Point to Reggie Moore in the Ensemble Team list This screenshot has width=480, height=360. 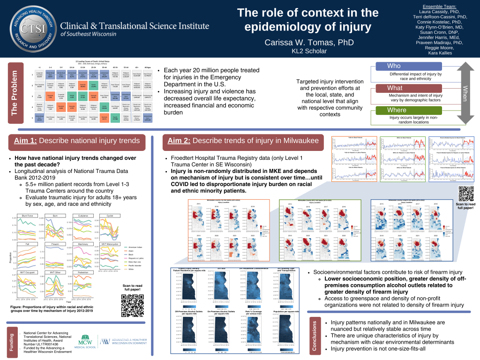coord(438,47)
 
